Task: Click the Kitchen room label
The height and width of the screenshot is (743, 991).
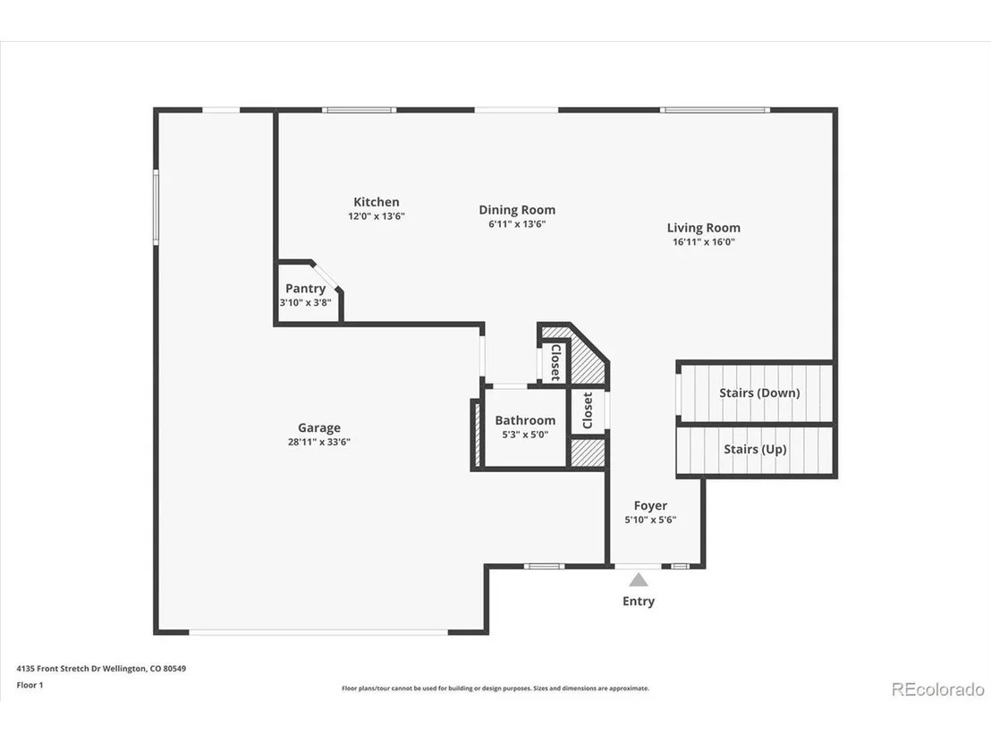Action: pos(376,202)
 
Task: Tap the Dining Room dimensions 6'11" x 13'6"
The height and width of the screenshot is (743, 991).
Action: pos(517,224)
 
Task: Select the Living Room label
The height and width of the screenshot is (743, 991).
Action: pos(703,228)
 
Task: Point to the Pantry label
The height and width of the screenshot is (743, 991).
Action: pos(305,289)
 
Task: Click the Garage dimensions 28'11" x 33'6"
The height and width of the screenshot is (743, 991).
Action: pos(319,443)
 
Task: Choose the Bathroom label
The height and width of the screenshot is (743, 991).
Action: pos(525,420)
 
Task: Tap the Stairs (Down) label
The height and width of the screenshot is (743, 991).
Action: pos(759,393)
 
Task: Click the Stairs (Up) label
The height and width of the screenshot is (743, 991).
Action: pos(755,449)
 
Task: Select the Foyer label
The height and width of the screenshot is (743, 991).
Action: pos(650,505)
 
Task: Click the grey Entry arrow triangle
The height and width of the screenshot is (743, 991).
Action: pos(639,580)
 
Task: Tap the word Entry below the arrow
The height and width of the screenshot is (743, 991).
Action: pos(639,602)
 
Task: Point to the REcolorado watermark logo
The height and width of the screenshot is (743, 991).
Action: pos(938,689)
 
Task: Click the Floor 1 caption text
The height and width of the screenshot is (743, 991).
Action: pos(30,685)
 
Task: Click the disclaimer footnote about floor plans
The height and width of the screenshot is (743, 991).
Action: pos(496,688)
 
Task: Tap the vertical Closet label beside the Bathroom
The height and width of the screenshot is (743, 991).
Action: pos(588,410)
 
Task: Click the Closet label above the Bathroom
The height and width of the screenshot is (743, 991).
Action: pos(555,362)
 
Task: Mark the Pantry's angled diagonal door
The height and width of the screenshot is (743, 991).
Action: pos(326,275)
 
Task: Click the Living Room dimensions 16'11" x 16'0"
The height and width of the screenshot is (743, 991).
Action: pos(703,242)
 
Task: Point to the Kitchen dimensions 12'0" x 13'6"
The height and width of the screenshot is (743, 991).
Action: pos(376,216)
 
